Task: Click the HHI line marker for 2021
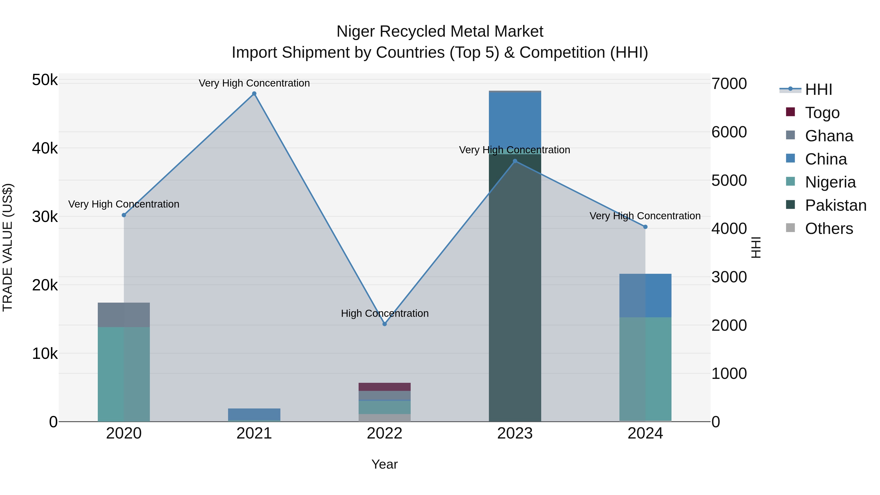coord(254,94)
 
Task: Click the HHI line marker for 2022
coord(385,324)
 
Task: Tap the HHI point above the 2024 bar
coord(645,227)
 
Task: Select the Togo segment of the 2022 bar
coord(385,387)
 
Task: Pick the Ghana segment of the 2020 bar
coord(124,315)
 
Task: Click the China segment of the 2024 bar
coord(645,296)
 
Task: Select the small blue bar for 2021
coord(254,414)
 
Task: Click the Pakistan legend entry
coord(835,205)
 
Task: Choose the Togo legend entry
coord(822,113)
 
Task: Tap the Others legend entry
coord(828,229)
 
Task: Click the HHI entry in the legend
coord(818,89)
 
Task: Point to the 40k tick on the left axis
coord(45,149)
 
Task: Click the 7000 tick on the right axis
coord(729,84)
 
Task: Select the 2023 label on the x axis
coord(515,433)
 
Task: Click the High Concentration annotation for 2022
coord(385,313)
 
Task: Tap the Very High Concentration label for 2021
coord(254,83)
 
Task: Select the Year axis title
coord(385,464)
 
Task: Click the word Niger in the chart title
coord(355,32)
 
